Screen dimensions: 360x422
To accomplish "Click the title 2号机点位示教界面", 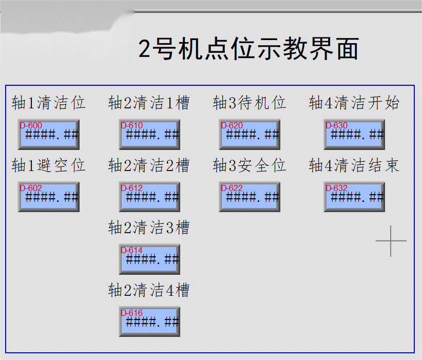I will click(248, 49).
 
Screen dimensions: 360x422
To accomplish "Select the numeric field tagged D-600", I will click(49, 135).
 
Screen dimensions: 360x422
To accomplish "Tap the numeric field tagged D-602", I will click(49, 197).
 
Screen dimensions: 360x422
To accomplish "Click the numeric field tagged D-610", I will click(149, 135).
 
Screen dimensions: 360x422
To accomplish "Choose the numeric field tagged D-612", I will click(149, 197).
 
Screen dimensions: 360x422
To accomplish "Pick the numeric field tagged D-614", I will click(149, 259).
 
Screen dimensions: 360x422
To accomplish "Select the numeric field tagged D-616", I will click(149, 322).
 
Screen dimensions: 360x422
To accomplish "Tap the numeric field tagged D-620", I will click(250, 135).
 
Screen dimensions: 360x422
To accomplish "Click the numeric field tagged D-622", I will click(250, 197).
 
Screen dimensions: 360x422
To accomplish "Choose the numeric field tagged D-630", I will click(354, 135).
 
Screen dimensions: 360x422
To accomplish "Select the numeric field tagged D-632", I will click(354, 197).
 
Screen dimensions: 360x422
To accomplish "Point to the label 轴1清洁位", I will click(49, 103).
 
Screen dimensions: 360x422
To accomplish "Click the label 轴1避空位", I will click(49, 165).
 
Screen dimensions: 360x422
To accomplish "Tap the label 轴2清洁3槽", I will click(149, 228).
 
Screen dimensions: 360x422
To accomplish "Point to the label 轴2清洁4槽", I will click(149, 290).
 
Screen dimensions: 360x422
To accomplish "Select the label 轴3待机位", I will click(250, 103).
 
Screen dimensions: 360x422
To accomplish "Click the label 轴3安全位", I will click(250, 165).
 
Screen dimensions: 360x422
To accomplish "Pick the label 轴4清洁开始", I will click(354, 103).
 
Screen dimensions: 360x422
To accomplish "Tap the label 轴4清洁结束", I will click(354, 165).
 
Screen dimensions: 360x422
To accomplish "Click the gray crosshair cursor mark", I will click(391, 241).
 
